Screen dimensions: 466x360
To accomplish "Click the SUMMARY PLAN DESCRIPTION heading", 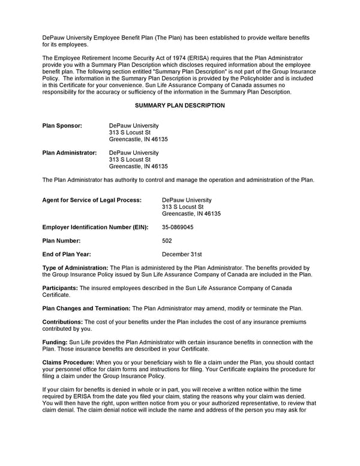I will click(180, 106).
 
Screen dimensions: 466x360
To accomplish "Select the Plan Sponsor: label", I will click(62, 126).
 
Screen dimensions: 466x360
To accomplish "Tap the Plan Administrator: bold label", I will click(69, 153).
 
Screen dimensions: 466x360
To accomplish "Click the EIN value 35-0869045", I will click(178, 228).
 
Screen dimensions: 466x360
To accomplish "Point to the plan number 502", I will click(167, 241).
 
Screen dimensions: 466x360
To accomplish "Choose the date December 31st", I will click(182, 254).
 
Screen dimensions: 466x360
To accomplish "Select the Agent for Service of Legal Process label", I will click(92, 200).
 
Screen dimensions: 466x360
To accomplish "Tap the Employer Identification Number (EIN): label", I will click(95, 228).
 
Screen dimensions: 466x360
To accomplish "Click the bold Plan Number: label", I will click(62, 241).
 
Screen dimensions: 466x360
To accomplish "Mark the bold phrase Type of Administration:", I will click(75, 267).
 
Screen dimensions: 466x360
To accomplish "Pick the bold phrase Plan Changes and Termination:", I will click(86, 308).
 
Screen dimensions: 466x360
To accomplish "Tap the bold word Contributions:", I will click(62, 322).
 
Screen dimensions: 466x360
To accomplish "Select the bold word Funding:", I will click(55, 342).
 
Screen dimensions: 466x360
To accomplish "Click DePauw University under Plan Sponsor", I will click(134, 126).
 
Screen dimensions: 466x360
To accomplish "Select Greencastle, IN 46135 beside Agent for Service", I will click(191, 214).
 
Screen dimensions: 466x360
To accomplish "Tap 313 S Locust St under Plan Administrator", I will click(130, 160).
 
